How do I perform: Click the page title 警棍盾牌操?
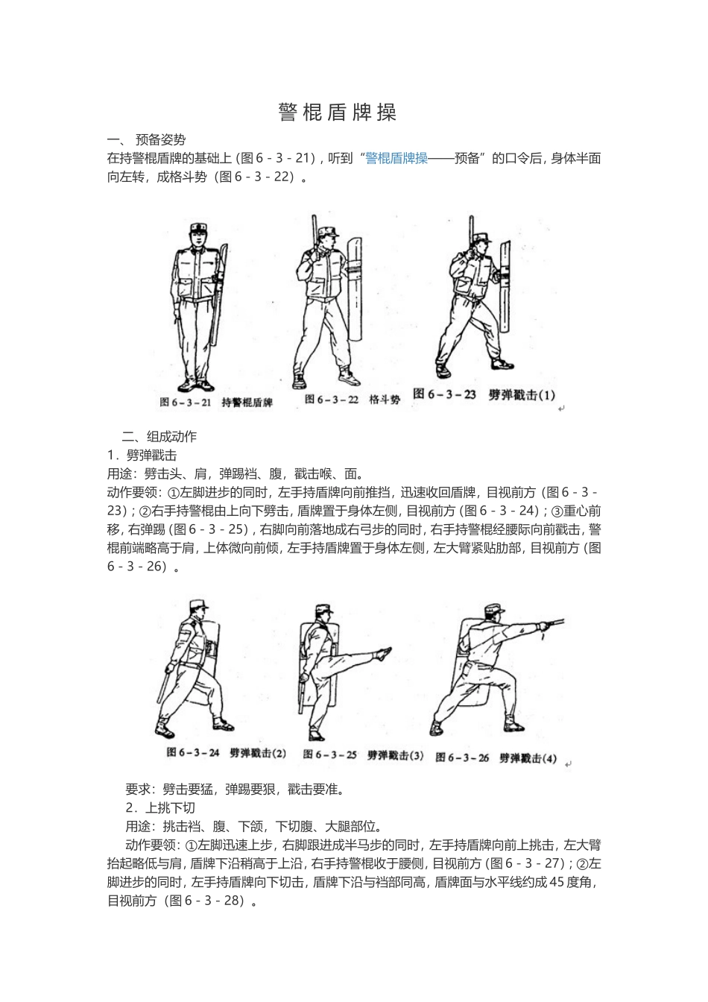coord(338,113)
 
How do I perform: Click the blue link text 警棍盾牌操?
coord(396,158)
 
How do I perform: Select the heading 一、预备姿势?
coord(147,139)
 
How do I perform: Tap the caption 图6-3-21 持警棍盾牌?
coord(216,402)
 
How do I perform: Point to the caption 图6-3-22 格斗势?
coord(352,399)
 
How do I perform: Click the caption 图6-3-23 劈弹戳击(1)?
coord(484,394)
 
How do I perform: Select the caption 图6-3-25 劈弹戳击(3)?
coord(364,755)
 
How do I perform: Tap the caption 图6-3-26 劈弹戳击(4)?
coord(496,757)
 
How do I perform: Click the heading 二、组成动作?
coord(159,436)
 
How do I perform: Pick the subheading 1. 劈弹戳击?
coord(142,455)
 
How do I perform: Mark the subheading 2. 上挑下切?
coord(160,807)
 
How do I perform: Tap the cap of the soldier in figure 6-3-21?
coord(199,226)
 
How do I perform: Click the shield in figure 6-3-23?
coord(506,287)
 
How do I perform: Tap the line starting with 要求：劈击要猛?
coord(235,789)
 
